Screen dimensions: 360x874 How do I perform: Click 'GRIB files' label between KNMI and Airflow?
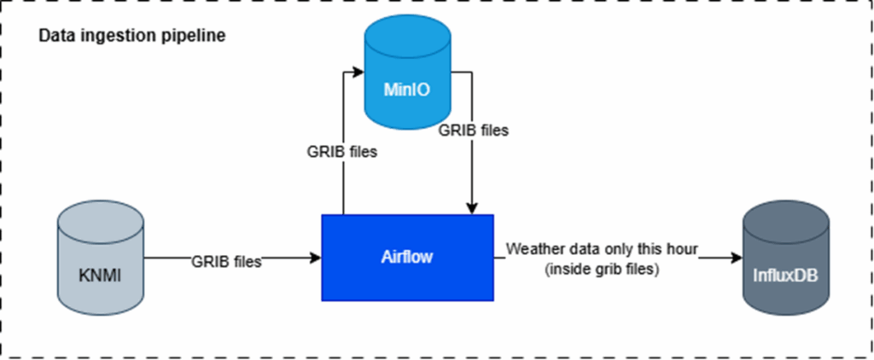click(226, 262)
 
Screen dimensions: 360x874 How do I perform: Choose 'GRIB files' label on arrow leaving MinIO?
click(474, 131)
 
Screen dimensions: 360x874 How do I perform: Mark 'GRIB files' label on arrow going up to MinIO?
click(343, 154)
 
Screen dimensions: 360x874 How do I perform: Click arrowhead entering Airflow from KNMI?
click(315, 256)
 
